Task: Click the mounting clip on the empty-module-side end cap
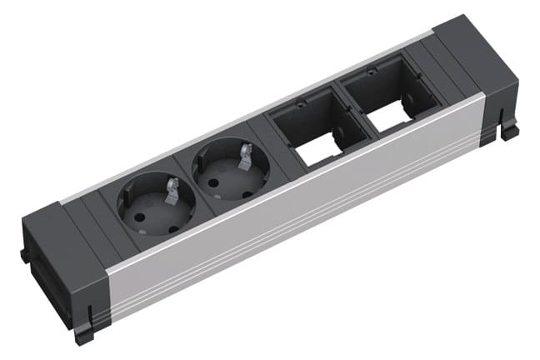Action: tap(507, 129)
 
